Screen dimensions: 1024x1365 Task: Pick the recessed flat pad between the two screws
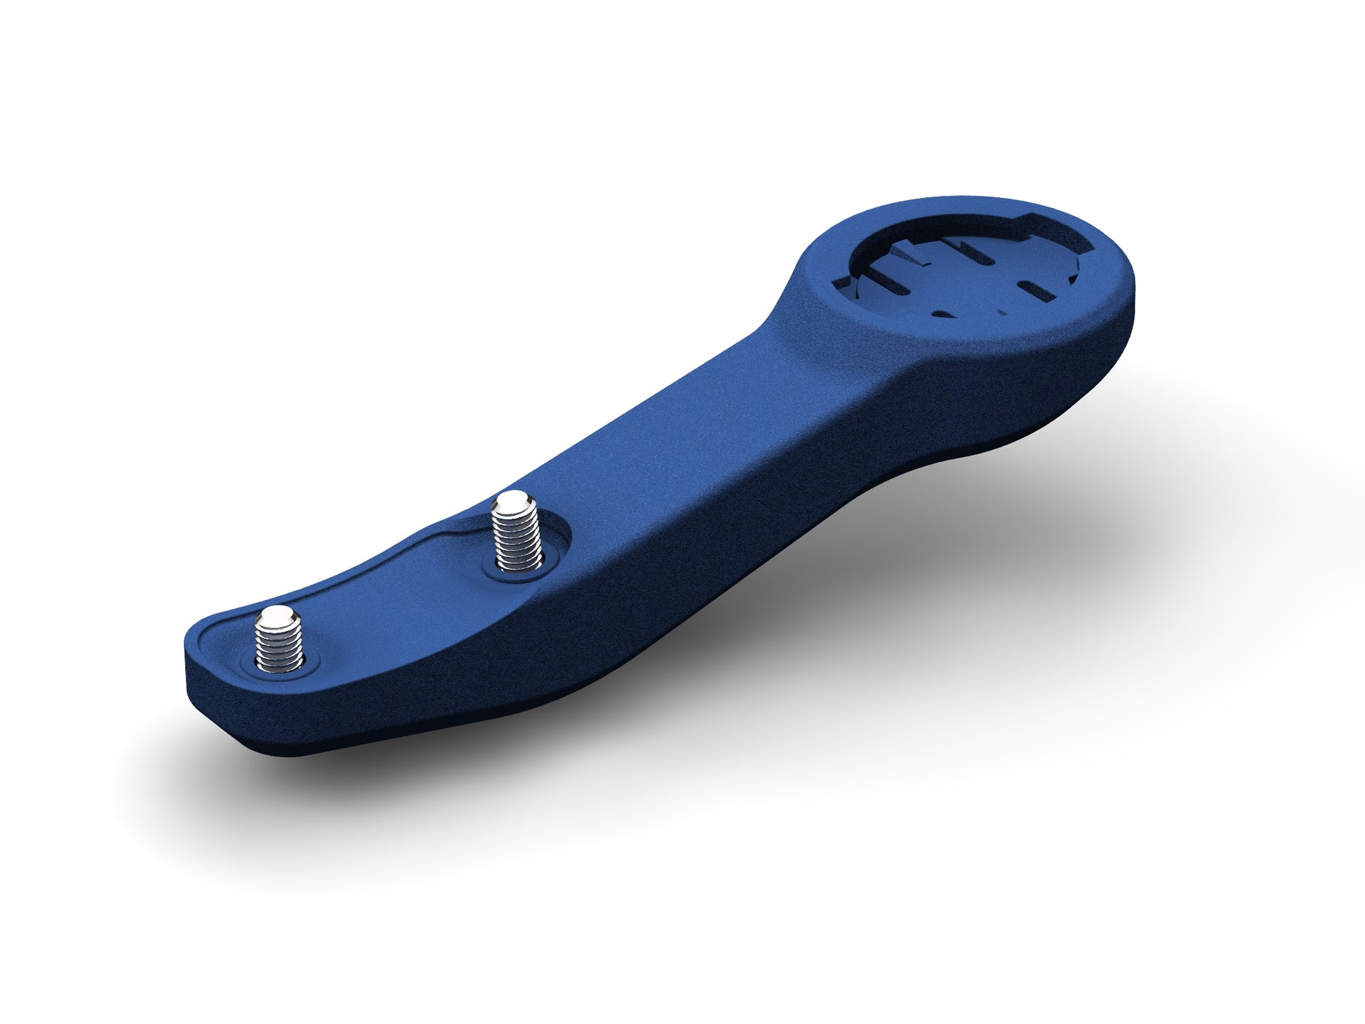click(x=394, y=599)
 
